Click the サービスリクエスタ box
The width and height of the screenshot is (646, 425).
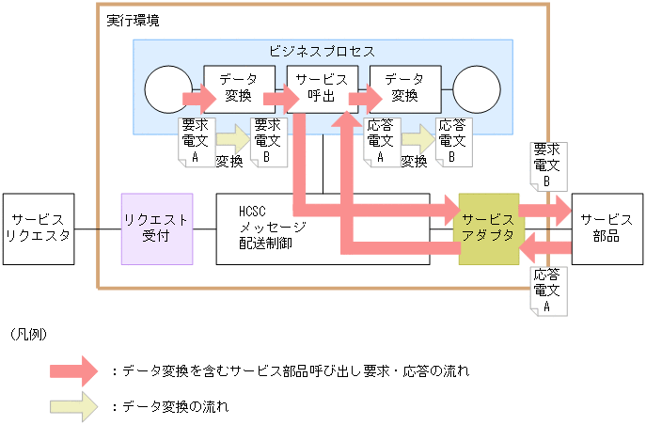coord(39,228)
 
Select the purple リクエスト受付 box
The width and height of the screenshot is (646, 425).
coord(157,228)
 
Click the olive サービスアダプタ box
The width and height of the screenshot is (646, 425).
coord(488,228)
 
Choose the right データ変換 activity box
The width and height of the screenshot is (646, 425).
coord(404,88)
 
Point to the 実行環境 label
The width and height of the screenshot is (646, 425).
coord(132,19)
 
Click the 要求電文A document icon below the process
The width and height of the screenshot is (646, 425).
coord(195,142)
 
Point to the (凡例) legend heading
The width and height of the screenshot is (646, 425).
coord(28,335)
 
